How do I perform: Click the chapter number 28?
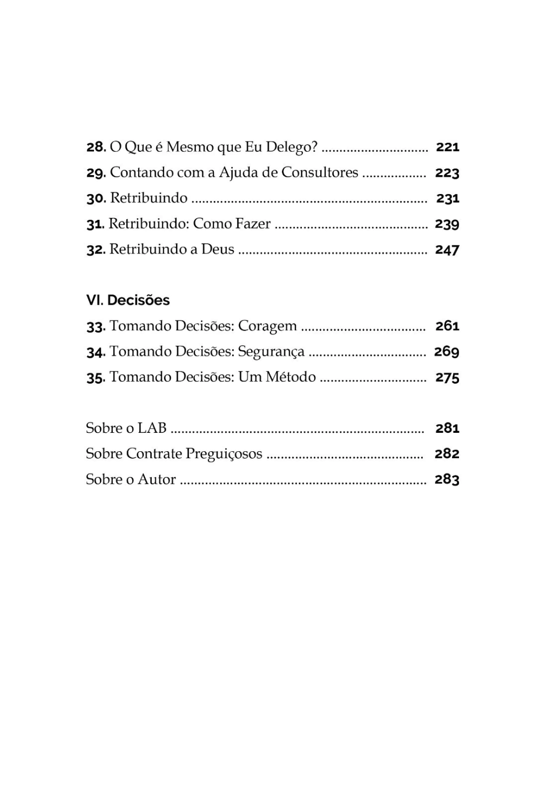point(96,147)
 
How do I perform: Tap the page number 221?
point(447,147)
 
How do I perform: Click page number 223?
point(447,173)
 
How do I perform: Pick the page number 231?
point(448,198)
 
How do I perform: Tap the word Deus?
point(218,249)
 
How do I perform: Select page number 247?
point(447,250)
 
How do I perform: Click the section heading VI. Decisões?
point(128,300)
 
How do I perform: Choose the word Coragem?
point(267,326)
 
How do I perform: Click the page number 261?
point(447,326)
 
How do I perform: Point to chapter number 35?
point(96,377)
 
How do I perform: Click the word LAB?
point(152,428)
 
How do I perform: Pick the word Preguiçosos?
point(224,454)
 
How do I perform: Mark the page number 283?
point(447,479)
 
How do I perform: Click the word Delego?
point(291,147)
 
